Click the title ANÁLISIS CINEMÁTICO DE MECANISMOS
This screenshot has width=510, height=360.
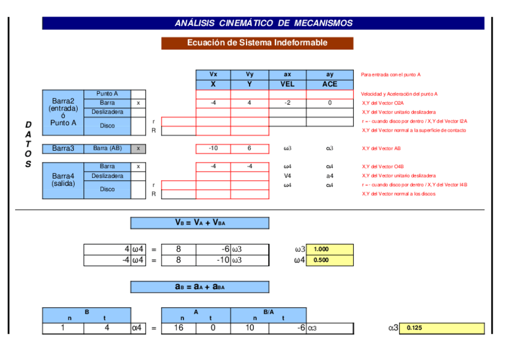[x=263, y=23]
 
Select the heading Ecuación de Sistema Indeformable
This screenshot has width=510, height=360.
[x=257, y=43]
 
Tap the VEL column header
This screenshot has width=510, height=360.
[x=287, y=84]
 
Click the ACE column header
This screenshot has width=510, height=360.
[x=330, y=84]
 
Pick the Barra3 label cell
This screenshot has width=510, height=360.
[x=63, y=148]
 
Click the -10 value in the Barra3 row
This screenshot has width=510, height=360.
[x=213, y=148]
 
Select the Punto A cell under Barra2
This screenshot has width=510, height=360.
[x=108, y=94]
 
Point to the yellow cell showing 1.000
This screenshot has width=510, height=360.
[x=330, y=249]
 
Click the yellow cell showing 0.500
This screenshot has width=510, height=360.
[x=330, y=260]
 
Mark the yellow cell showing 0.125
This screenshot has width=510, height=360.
[x=441, y=328]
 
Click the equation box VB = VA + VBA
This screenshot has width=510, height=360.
[x=200, y=223]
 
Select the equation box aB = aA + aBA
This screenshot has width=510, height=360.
[x=200, y=287]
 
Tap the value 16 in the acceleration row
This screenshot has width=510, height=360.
[x=179, y=328]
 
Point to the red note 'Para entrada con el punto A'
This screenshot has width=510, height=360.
[x=391, y=75]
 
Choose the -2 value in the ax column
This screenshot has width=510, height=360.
[x=287, y=103]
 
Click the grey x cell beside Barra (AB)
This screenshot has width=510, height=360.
[x=138, y=148]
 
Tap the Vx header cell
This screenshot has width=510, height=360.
[x=213, y=75]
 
